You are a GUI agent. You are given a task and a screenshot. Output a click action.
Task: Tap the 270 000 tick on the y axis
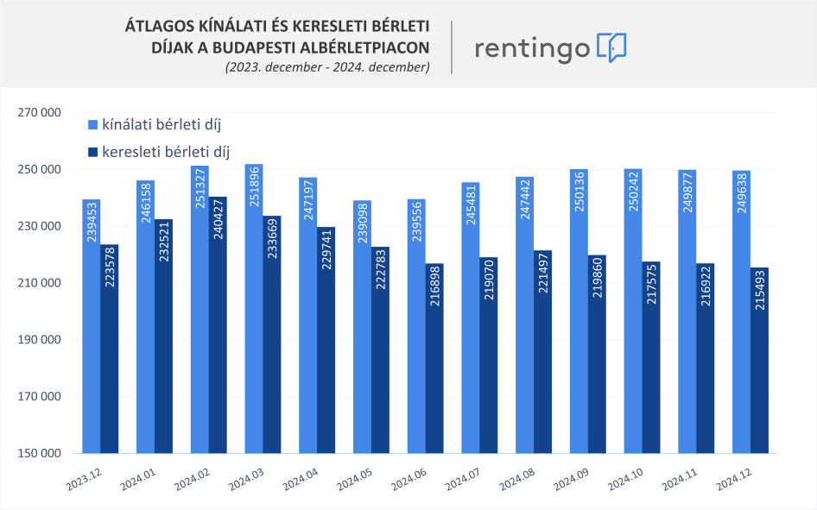(40, 112)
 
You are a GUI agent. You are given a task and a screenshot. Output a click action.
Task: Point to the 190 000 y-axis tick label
(40, 340)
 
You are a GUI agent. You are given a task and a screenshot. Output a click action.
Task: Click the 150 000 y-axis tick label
(40, 453)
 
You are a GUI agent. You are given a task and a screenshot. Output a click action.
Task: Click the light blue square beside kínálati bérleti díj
(93, 124)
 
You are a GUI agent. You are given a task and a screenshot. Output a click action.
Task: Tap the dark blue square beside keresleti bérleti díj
(93, 152)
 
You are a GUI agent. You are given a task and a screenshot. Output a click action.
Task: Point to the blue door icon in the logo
(611, 47)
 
